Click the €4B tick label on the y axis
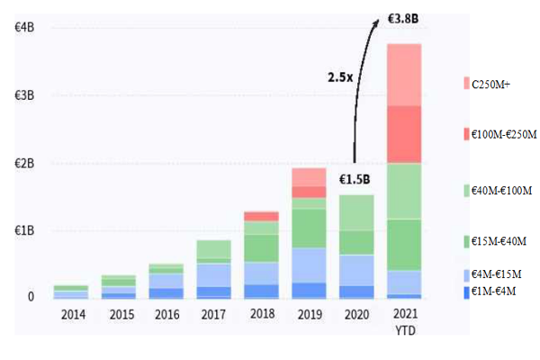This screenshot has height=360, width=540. click(25, 27)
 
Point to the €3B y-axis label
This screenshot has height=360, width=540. click(25, 95)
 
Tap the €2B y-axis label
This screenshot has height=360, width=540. click(25, 163)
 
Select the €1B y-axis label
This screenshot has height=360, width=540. click(25, 229)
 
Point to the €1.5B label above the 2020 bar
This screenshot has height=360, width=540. click(356, 180)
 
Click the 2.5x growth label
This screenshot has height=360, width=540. click(339, 78)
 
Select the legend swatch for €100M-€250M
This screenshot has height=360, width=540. click(466, 135)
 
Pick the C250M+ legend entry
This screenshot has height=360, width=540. click(496, 84)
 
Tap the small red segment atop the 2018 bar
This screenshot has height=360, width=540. click(260, 216)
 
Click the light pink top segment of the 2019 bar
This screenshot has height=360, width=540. click(309, 176)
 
